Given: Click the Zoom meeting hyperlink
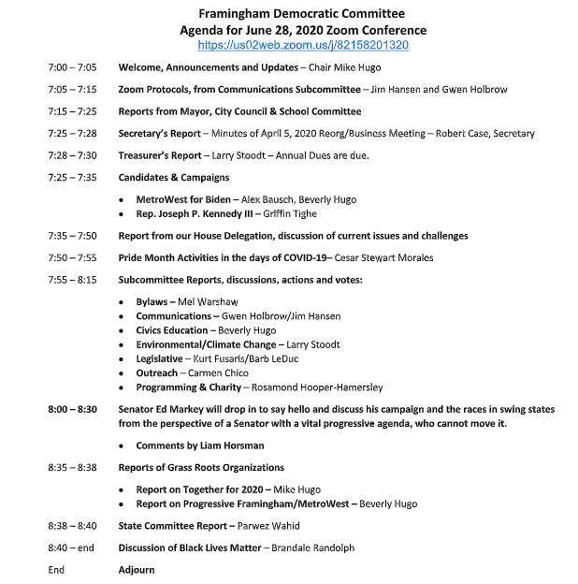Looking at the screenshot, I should (304, 44).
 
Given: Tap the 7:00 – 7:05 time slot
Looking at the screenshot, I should (72, 68).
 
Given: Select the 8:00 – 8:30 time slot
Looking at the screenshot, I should (72, 410).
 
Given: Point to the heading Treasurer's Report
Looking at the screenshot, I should (159, 155).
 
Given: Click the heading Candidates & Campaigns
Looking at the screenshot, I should (173, 177).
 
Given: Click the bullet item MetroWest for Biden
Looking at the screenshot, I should (182, 199).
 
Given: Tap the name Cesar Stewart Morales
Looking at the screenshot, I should (380, 257).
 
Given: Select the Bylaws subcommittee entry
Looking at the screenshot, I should (152, 302).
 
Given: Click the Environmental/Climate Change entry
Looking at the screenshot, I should (206, 344).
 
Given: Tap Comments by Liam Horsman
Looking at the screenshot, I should (200, 445).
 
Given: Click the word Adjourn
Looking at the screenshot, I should (136, 569).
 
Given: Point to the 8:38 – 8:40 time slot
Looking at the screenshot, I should (72, 526).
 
